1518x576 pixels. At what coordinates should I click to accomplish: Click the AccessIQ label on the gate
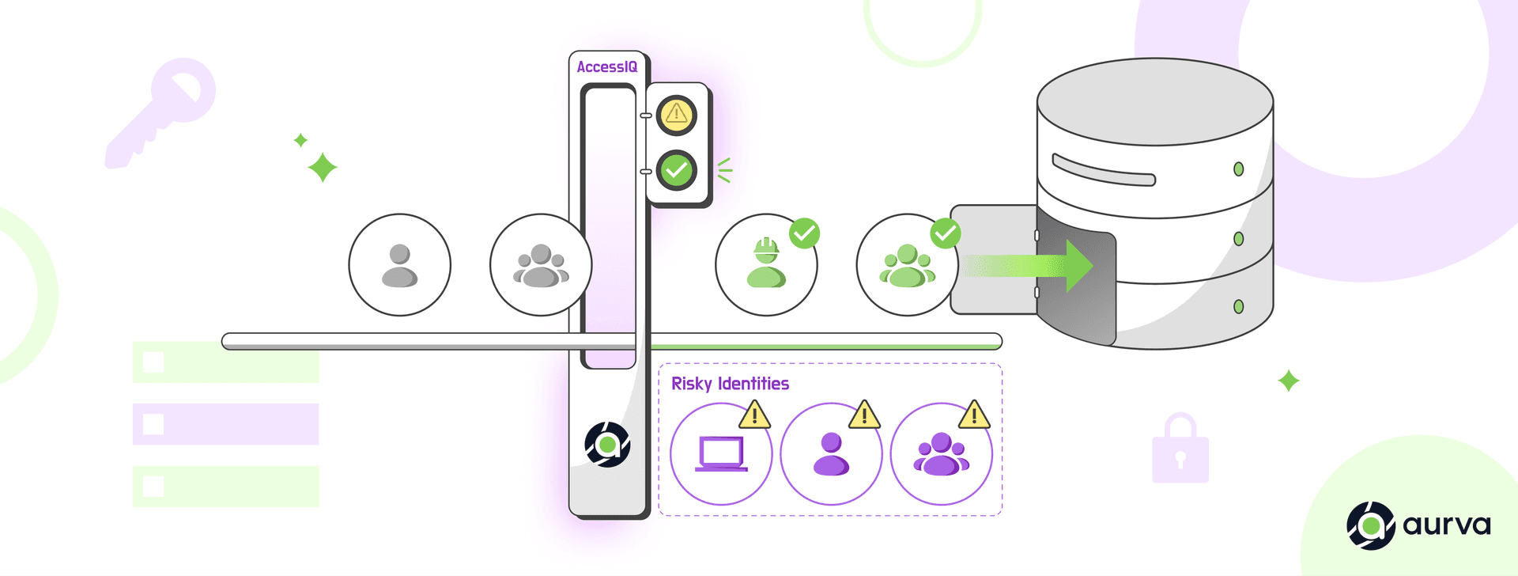coord(606,67)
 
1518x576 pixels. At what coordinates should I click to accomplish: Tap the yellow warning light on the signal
coord(676,115)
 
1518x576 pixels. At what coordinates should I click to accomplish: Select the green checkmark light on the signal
coord(676,170)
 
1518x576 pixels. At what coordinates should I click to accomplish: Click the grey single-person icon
coord(399,265)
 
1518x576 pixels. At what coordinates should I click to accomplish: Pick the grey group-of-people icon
coord(541,265)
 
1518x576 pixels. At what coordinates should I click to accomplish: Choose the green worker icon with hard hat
coord(766,265)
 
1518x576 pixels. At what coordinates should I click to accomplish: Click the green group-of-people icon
coord(907,267)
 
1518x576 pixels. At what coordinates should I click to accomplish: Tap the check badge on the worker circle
coord(804,233)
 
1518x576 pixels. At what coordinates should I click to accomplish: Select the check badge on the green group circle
coord(946,233)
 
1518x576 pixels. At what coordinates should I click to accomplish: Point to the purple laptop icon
coord(721,454)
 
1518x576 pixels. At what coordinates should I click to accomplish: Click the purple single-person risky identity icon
coord(831,454)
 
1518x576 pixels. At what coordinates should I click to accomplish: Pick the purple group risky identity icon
coord(941,454)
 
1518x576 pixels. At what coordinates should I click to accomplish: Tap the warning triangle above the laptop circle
coord(754,415)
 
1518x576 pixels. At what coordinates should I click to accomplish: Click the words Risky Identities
coord(730,384)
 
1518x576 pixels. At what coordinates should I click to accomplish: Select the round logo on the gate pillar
coord(607,445)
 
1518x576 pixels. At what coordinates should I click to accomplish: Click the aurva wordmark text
coord(1446,525)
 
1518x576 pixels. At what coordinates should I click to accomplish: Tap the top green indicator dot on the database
coord(1238,169)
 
